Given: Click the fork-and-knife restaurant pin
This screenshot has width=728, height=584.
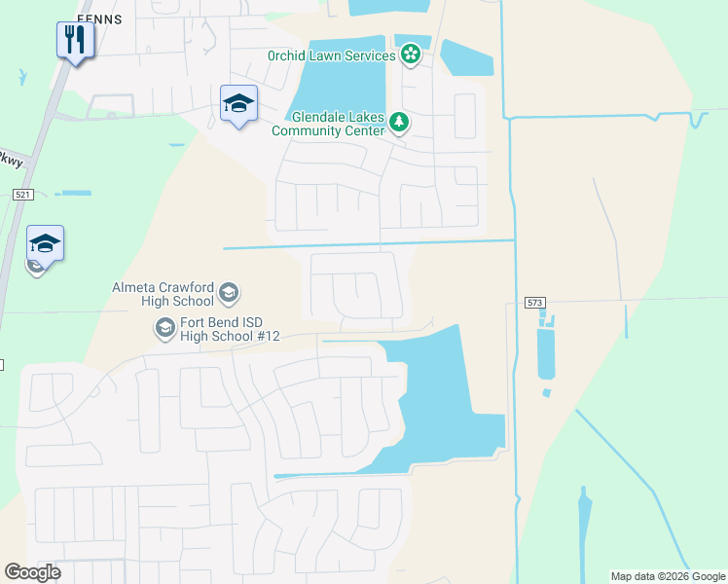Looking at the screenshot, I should pos(74,41).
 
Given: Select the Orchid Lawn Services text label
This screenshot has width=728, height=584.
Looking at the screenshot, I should pos(331,55).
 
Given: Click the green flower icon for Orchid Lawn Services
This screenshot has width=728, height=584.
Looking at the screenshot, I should pos(411,55).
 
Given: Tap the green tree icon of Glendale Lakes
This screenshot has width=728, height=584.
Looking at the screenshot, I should pos(398,122).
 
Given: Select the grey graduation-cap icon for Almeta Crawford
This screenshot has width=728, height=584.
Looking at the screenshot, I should pos(229,292).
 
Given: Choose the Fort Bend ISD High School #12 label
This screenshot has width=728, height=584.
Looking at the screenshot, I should pos(231,329).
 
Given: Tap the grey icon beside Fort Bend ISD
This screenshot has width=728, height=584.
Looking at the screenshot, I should pos(164,329).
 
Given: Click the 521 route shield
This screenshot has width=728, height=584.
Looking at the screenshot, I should pos(24,195).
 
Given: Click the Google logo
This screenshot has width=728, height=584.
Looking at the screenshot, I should pos(32,572).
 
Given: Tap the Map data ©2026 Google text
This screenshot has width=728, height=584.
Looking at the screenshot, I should pos(668,576).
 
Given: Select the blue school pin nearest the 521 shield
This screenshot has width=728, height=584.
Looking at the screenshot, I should pos(45,243).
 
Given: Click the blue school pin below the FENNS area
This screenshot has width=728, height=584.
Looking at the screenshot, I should pos(238,104).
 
